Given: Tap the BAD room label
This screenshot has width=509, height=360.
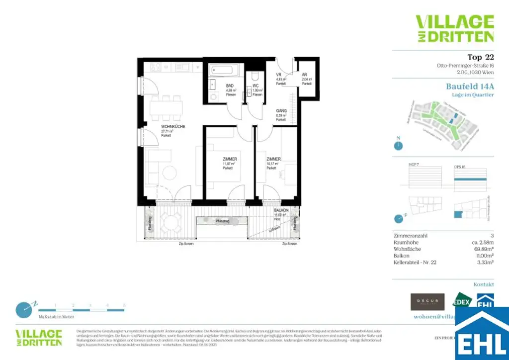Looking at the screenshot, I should point(230,86).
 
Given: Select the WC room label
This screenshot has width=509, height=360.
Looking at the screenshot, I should point(255,86).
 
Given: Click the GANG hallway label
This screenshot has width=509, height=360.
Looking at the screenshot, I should point(281,111).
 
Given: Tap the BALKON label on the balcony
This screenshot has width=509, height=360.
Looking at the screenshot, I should point(281,211).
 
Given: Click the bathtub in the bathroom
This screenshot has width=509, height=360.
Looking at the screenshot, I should point(223,70).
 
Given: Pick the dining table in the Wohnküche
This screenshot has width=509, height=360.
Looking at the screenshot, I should point(166,106).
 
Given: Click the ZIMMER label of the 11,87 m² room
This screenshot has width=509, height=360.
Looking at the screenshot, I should point(229,159).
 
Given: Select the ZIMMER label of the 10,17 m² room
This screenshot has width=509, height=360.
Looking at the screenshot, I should point(273,159).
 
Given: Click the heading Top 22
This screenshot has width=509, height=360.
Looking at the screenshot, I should point(480,57).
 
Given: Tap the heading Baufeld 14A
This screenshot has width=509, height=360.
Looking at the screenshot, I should point(470,86).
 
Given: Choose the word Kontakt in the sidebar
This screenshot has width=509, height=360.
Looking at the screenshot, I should point(483,285).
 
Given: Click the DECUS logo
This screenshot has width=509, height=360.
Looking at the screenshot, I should point(427,302).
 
